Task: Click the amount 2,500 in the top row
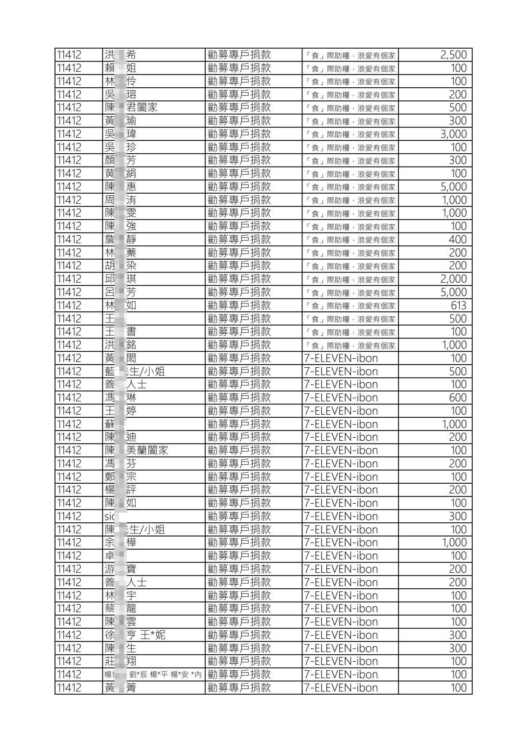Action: click(453, 55)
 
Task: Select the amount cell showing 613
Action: click(458, 305)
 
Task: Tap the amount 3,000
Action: click(453, 134)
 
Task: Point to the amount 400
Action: click(458, 239)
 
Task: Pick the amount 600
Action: click(458, 397)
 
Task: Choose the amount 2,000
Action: click(453, 279)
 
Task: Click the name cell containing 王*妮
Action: click(135, 635)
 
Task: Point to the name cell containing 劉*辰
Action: click(153, 675)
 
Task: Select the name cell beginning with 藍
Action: click(135, 371)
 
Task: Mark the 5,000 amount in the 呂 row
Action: click(453, 292)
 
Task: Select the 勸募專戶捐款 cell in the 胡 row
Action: click(239, 266)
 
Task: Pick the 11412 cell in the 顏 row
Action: click(70, 160)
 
